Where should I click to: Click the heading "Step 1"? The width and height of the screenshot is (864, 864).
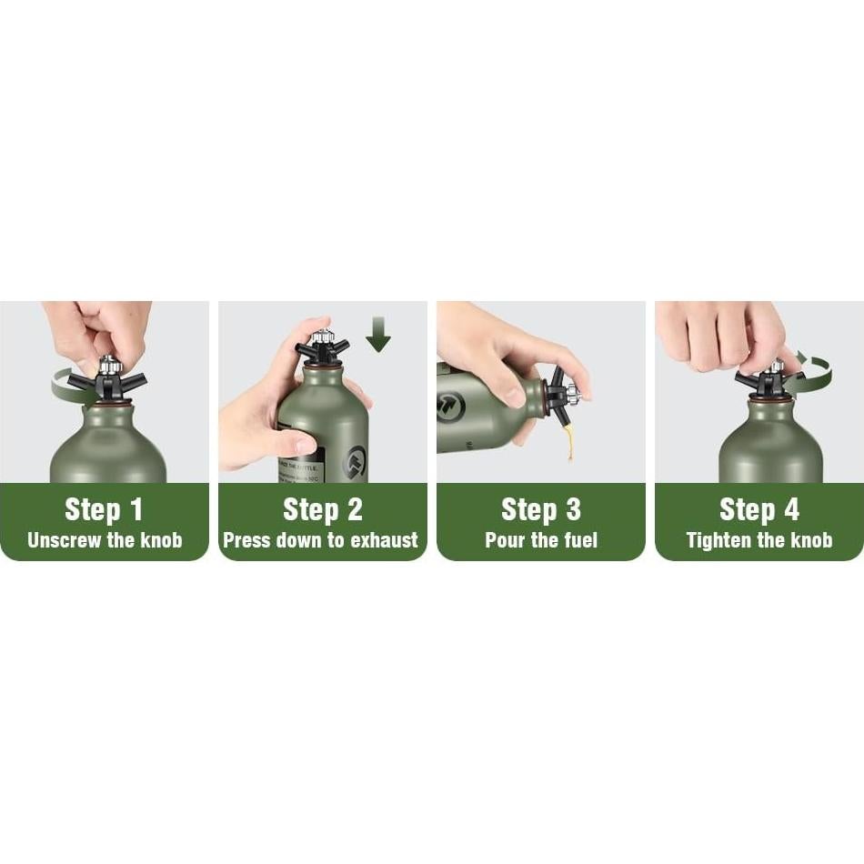click(x=105, y=509)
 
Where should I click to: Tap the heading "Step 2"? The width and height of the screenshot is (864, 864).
click(x=323, y=509)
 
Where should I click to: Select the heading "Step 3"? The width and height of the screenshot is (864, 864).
click(x=541, y=509)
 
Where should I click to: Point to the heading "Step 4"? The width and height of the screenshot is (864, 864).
click(x=759, y=509)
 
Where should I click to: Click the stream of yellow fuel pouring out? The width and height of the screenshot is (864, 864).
click(x=570, y=442)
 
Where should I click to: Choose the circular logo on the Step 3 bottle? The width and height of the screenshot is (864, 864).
click(x=451, y=406)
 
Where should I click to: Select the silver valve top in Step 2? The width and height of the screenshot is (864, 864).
click(x=320, y=339)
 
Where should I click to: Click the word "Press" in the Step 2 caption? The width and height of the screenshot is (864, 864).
click(x=246, y=540)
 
